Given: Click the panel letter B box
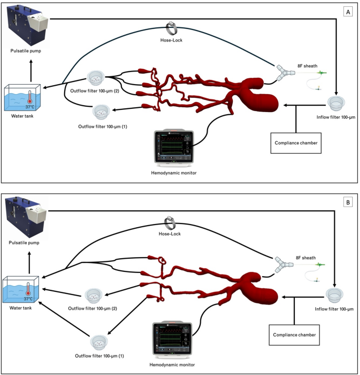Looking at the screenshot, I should [x=347, y=201].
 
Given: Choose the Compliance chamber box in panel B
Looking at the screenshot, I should [x=295, y=333].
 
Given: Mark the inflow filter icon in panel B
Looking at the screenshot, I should [x=334, y=295].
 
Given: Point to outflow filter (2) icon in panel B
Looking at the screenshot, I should [x=93, y=295].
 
